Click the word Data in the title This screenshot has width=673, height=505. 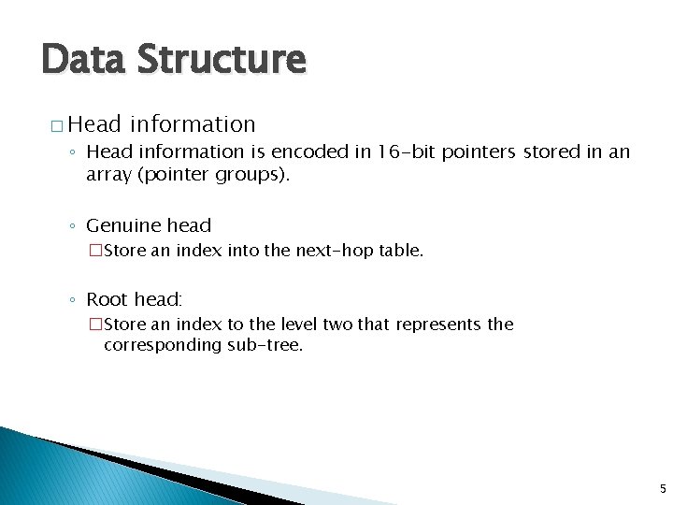point(82,60)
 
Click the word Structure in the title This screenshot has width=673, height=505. point(221,60)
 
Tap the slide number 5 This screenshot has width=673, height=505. point(663,487)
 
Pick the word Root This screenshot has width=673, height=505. point(106,299)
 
